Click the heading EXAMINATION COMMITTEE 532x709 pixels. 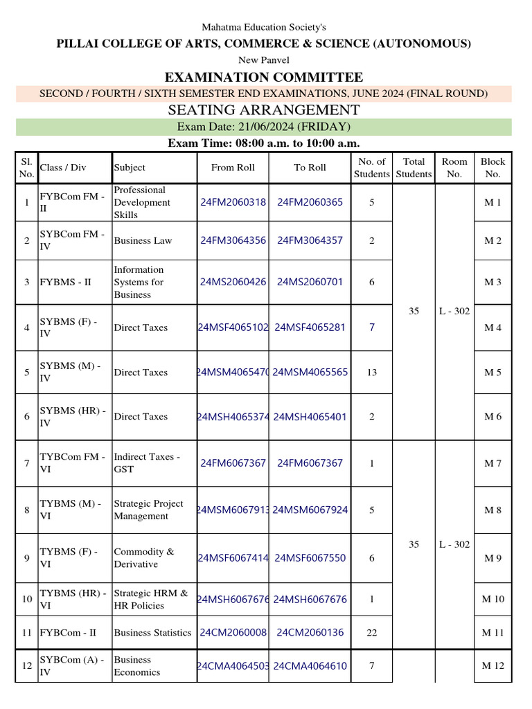coord(263,77)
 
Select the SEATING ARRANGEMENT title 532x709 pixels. coord(263,110)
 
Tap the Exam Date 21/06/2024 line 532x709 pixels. coord(263,127)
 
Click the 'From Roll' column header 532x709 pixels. coord(233,168)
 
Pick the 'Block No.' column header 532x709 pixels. coord(493,168)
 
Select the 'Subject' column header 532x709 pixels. coord(130,168)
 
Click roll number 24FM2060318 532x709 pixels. coord(233,202)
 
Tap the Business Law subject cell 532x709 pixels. coord(143,241)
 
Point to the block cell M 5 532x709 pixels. coord(493,373)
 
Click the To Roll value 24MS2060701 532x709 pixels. coord(310,282)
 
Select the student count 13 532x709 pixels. coord(371,373)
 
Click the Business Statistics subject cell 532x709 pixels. coord(152,633)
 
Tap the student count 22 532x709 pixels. coord(371,633)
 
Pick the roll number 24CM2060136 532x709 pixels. coord(310,633)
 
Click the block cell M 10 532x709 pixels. coord(493,600)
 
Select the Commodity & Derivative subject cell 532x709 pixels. coord(144,558)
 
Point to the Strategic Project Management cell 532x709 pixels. coord(148,510)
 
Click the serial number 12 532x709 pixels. coord(27,666)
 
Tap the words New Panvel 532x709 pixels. coord(263,60)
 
